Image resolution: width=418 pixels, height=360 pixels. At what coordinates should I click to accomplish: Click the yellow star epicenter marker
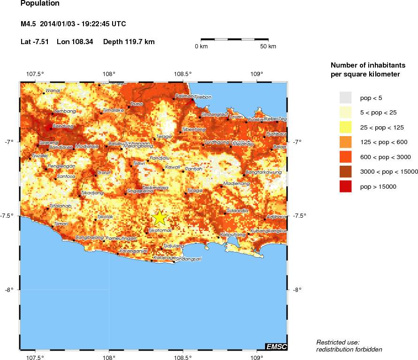(160, 217)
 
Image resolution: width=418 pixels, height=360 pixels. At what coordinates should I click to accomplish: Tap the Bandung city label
(63, 126)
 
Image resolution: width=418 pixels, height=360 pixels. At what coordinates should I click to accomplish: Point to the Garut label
(104, 173)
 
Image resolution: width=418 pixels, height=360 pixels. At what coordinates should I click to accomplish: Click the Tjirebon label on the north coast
(203, 97)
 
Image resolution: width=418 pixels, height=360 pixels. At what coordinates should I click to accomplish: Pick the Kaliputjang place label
(233, 234)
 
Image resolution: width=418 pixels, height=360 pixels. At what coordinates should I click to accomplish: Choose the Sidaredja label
(237, 211)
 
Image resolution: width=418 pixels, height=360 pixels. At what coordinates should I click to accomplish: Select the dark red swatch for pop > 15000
(346, 186)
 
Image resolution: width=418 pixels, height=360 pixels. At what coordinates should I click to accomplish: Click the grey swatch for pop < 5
(346, 97)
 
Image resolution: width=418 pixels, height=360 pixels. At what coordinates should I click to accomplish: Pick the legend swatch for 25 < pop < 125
(346, 127)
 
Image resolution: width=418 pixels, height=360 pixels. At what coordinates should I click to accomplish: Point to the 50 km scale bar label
(268, 46)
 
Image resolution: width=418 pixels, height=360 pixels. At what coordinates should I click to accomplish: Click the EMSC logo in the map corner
(276, 346)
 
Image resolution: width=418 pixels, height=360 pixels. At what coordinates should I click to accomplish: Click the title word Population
(40, 4)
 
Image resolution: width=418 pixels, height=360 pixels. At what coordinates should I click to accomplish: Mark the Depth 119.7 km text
(129, 42)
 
